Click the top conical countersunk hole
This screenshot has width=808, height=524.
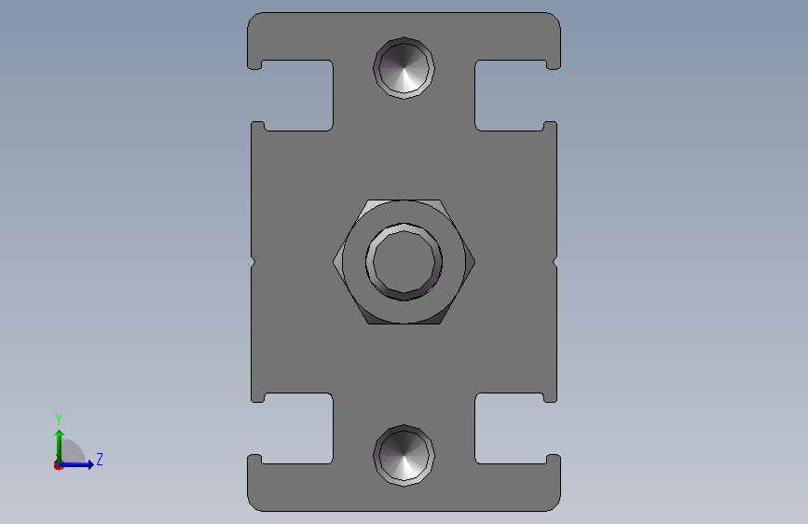click(404, 68)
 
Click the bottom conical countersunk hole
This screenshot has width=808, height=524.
click(404, 456)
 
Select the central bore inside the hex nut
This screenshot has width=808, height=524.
click(404, 262)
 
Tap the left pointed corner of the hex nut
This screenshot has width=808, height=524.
click(334, 262)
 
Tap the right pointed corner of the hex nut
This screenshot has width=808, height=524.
click(474, 262)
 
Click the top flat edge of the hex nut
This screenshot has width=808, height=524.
click(404, 200)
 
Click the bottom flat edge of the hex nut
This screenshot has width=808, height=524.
click(404, 324)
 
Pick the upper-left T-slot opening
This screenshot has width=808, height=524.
click(297, 95)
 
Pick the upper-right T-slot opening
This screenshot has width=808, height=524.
click(511, 95)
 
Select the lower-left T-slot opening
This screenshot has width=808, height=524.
click(297, 429)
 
